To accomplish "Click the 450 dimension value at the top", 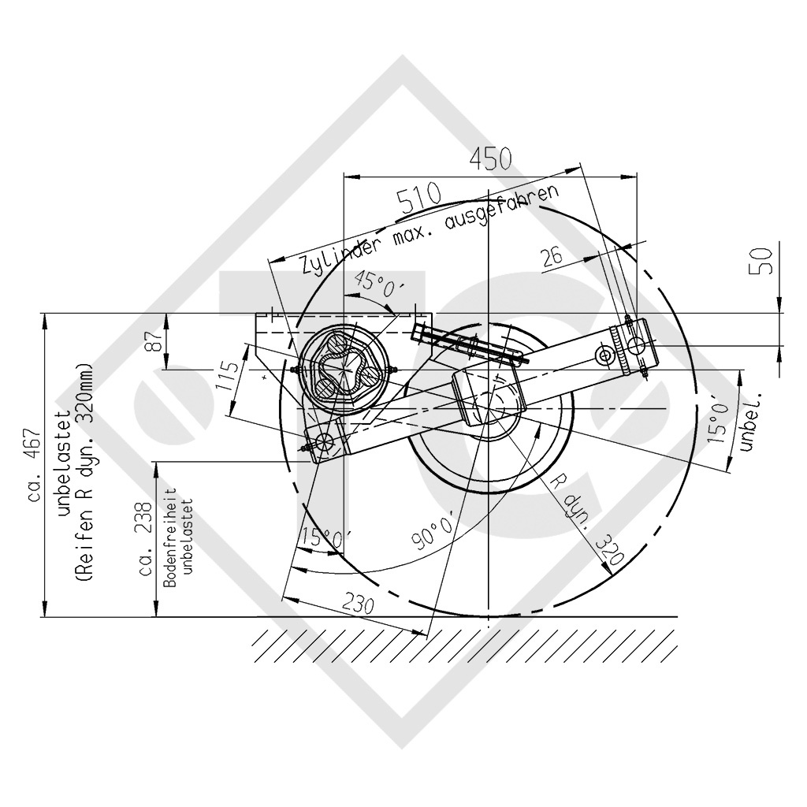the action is coord(490,159).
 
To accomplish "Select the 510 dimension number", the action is coord(419,195).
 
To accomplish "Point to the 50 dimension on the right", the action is coord(764,261).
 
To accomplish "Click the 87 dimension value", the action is coord(156,340).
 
